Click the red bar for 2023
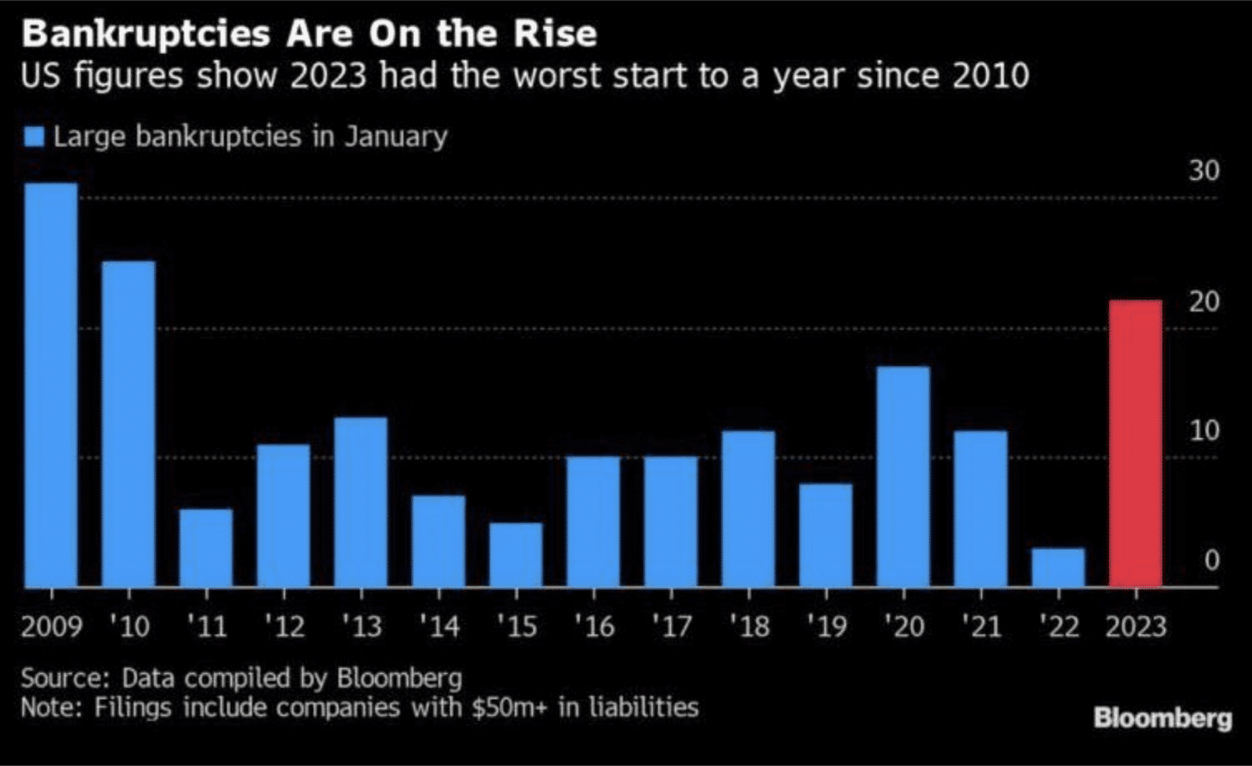coord(1136,444)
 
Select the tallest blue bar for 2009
coord(51,385)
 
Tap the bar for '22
coord(1058,568)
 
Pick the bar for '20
coord(903,477)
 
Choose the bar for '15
coord(516,555)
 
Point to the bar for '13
coord(361,503)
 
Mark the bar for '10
coord(128,425)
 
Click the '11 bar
coord(206,548)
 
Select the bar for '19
coord(826,535)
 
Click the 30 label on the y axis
coord(1205,171)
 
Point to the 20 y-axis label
coord(1205,302)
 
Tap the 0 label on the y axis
coord(1212,560)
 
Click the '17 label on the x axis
coord(671,626)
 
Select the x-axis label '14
coord(439,626)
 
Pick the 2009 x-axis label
coord(52,626)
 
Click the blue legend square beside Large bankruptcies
coord(34,137)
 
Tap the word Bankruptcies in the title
coord(146,34)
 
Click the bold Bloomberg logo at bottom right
coord(1163,718)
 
